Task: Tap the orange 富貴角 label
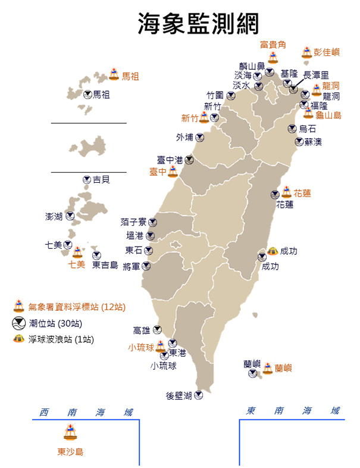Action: pyautogui.click(x=273, y=45)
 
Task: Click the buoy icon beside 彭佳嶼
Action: pyautogui.click(x=307, y=52)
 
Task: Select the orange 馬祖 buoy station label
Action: pyautogui.click(x=130, y=76)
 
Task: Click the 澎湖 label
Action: pyautogui.click(x=54, y=217)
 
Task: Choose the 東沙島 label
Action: pyautogui.click(x=70, y=452)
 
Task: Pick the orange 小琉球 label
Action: pyautogui.click(x=140, y=347)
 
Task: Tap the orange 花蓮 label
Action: pyautogui.click(x=302, y=194)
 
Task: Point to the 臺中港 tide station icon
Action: pyautogui.click(x=189, y=160)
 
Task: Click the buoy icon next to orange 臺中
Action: pyautogui.click(x=173, y=171)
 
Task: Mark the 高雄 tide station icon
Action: pyautogui.click(x=157, y=329)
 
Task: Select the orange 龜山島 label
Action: pyautogui.click(x=328, y=115)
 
